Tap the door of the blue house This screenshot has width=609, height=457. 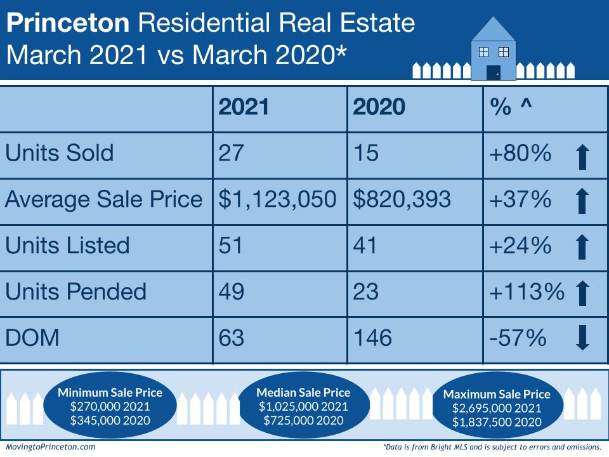pos(493,72)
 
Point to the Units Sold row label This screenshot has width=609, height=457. pos(60,154)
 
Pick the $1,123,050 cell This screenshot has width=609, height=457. pos(278,199)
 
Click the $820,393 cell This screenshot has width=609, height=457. pos(402,199)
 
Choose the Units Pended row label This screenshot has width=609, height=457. pos(75,291)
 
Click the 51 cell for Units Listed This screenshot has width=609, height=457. pos(231,245)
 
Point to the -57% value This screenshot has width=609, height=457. pos(518,338)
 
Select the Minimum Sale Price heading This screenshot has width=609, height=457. pos(110,392)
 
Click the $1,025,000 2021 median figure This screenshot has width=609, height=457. pos(303,406)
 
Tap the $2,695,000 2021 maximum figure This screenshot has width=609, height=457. pos(497,408)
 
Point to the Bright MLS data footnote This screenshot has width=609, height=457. pos(492,447)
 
